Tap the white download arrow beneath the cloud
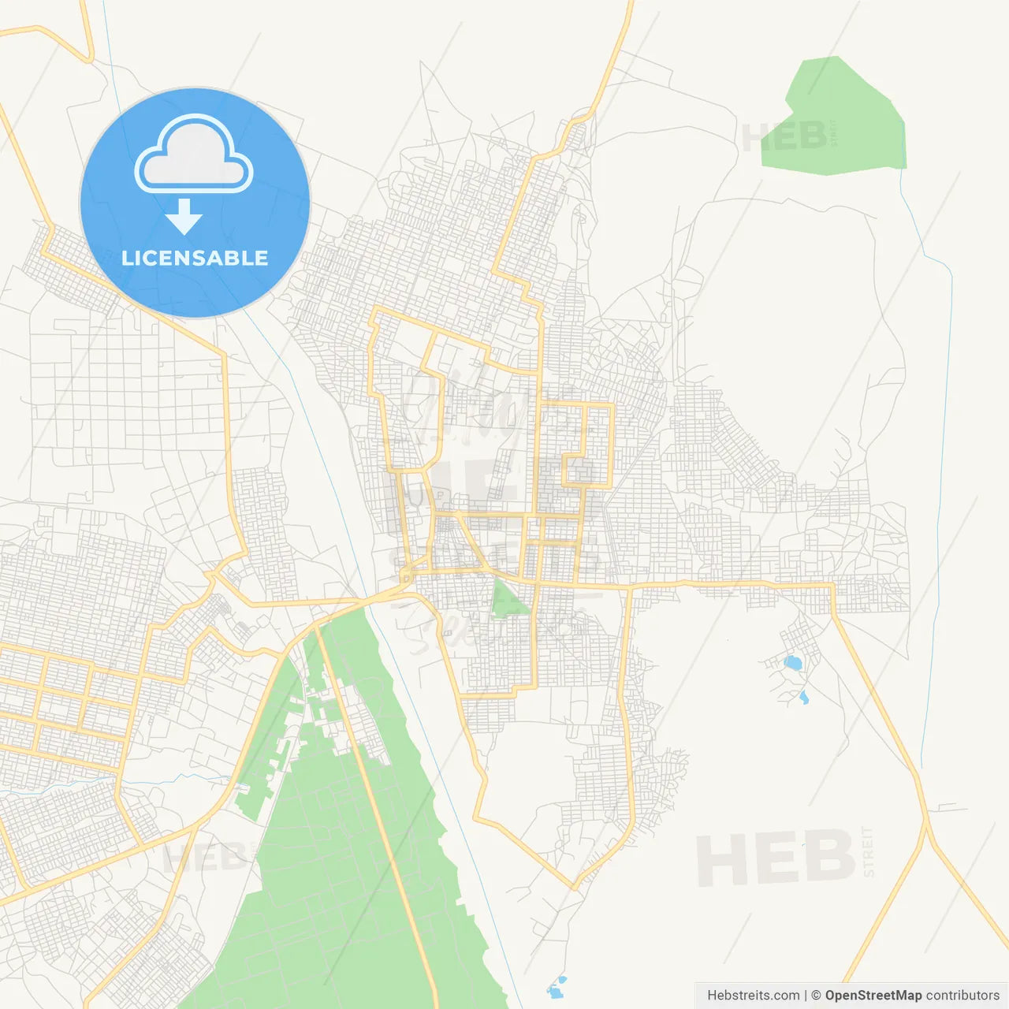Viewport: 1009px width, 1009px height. [184, 217]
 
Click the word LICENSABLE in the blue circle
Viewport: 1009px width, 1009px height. [195, 258]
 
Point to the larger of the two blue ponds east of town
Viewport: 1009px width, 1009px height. [792, 662]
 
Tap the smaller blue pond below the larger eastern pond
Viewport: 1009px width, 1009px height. [803, 698]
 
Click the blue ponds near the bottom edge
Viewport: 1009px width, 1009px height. [557, 987]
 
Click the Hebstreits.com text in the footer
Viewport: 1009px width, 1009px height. [753, 996]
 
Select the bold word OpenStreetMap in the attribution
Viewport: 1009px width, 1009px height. [873, 996]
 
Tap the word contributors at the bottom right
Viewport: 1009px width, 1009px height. [962, 996]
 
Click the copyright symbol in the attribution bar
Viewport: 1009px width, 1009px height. [817, 996]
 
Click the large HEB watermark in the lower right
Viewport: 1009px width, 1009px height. [776, 858]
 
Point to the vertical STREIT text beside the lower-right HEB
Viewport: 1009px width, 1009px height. [869, 852]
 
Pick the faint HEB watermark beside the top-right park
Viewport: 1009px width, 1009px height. [784, 137]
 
